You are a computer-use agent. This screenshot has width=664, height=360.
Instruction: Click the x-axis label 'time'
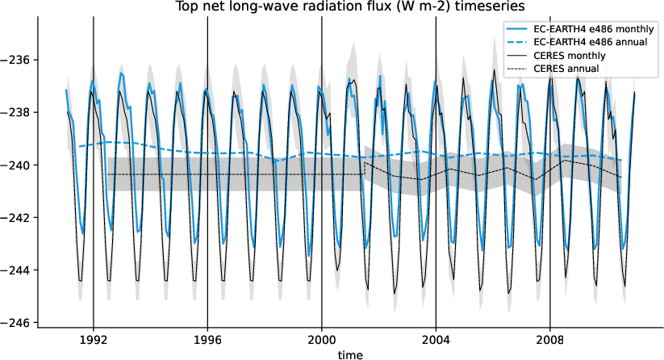(x=350, y=354)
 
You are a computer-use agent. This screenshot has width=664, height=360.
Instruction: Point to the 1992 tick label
(x=94, y=341)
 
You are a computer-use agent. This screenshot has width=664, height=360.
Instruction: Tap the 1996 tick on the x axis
(x=208, y=341)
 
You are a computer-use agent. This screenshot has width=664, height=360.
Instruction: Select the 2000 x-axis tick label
(x=322, y=341)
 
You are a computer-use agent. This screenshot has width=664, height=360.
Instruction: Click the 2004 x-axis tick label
(x=436, y=341)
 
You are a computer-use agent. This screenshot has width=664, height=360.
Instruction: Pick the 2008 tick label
(x=550, y=341)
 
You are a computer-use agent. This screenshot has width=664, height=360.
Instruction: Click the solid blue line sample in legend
(x=518, y=28)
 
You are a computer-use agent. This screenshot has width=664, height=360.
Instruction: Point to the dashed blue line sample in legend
(x=518, y=42)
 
